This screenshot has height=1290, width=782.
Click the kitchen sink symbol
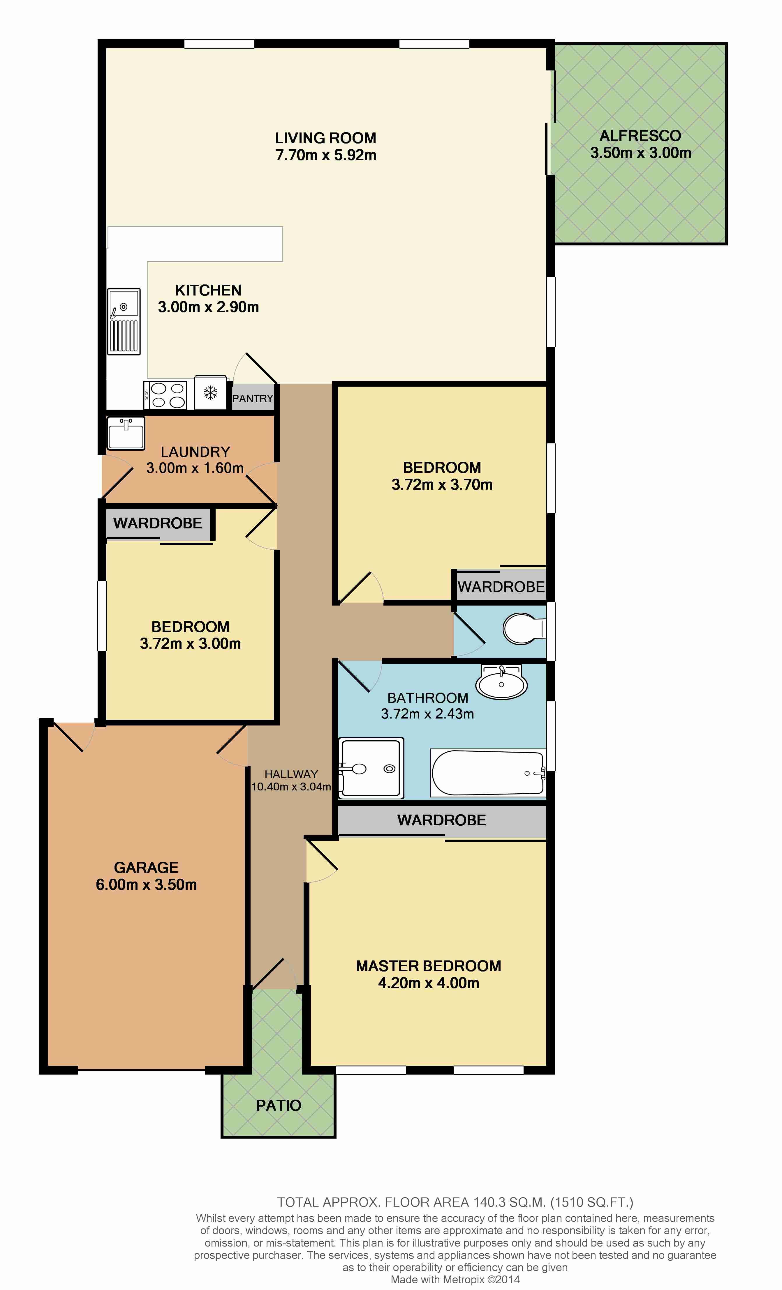click(x=124, y=321)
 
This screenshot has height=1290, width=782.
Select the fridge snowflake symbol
click(x=211, y=393)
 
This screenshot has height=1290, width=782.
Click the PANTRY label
click(x=253, y=399)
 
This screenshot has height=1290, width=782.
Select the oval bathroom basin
click(x=501, y=682)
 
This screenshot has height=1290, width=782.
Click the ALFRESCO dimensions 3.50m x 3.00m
click(x=641, y=153)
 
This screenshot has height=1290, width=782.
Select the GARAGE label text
click(x=146, y=868)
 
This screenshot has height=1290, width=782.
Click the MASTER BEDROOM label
click(x=429, y=966)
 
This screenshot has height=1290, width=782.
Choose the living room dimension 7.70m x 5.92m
click(x=326, y=155)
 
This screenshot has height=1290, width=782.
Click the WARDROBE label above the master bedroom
click(x=441, y=820)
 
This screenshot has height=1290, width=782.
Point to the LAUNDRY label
click(x=195, y=452)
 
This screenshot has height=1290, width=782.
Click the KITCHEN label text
click(x=208, y=290)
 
